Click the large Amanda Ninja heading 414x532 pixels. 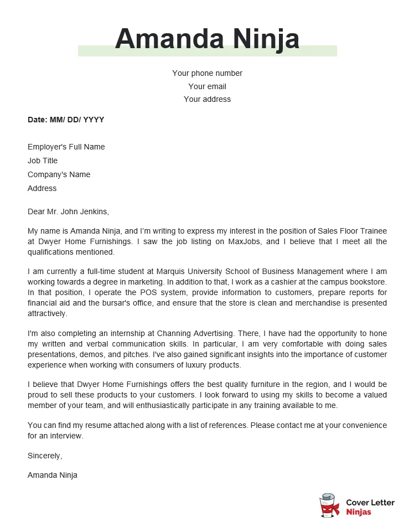pos(207,39)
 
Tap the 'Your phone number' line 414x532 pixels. pos(207,73)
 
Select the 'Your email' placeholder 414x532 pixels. pos(207,86)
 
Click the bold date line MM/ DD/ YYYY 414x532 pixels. pos(66,120)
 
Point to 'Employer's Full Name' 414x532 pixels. pos(66,147)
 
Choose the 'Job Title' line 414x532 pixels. pos(43,161)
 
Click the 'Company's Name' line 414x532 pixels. pos(59,174)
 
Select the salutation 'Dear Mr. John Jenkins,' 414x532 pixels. pos(69,211)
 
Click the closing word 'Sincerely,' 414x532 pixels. pos(45,456)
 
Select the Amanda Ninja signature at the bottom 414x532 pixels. pos(53,475)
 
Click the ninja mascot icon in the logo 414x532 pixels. pos(329,505)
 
